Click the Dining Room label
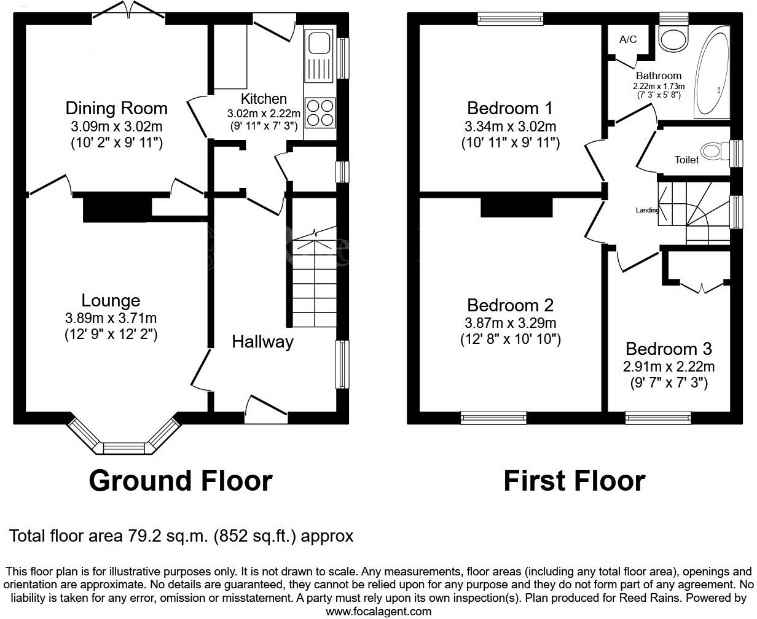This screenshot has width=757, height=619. click(x=116, y=109)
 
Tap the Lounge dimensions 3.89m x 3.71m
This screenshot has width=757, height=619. click(x=111, y=318)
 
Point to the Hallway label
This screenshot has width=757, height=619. click(x=262, y=342)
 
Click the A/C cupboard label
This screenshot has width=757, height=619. click(x=627, y=40)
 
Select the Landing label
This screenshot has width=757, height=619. click(x=647, y=210)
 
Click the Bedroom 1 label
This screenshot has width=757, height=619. click(x=509, y=109)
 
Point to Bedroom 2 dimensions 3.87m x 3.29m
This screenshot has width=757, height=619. click(x=510, y=323)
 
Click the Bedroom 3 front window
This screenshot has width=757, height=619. click(x=657, y=418)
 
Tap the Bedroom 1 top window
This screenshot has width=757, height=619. click(x=510, y=19)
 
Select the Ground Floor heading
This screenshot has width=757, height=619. click(x=181, y=481)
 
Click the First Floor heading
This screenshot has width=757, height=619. click(x=574, y=481)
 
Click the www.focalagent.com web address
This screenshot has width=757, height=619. click(x=378, y=612)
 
